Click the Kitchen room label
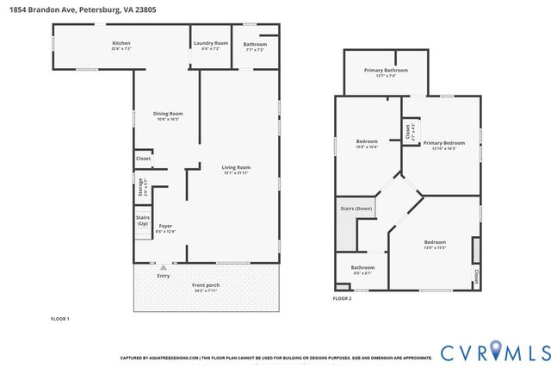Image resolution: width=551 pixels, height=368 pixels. click(121, 44)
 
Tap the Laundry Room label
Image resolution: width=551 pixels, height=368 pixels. click(210, 44)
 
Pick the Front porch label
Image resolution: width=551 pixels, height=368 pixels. click(206, 287)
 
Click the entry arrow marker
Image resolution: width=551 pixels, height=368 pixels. click(164, 268)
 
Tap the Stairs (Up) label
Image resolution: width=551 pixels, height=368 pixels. click(142, 221)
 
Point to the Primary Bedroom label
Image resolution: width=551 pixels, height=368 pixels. click(443, 144)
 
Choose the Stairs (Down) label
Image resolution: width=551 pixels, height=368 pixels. click(356, 209)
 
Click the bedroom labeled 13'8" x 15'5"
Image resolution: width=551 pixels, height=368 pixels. click(435, 244)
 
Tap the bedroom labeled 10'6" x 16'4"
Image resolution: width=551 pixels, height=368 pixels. click(367, 142)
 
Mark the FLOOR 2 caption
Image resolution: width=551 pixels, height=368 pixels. click(342, 298)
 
